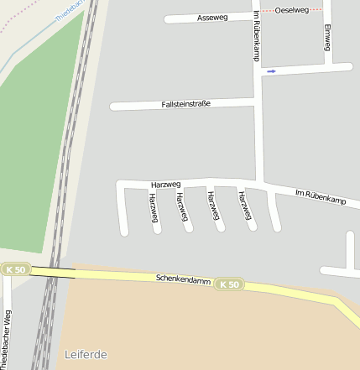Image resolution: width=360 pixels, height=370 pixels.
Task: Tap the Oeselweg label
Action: [x=292, y=10]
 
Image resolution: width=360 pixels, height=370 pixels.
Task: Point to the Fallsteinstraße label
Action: [x=185, y=104]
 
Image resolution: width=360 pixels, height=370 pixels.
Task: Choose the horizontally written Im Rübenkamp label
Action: [x=321, y=197]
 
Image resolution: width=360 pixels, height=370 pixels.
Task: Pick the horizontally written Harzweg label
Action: [x=166, y=184]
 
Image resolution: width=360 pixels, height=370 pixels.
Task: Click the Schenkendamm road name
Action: [x=183, y=279]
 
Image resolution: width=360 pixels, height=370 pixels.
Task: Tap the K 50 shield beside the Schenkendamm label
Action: [x=229, y=285]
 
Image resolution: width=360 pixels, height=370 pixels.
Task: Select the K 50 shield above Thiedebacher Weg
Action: [x=15, y=269]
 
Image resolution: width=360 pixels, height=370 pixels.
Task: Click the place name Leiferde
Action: [x=86, y=355]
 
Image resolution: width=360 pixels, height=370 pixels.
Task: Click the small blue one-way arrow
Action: [x=271, y=72]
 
